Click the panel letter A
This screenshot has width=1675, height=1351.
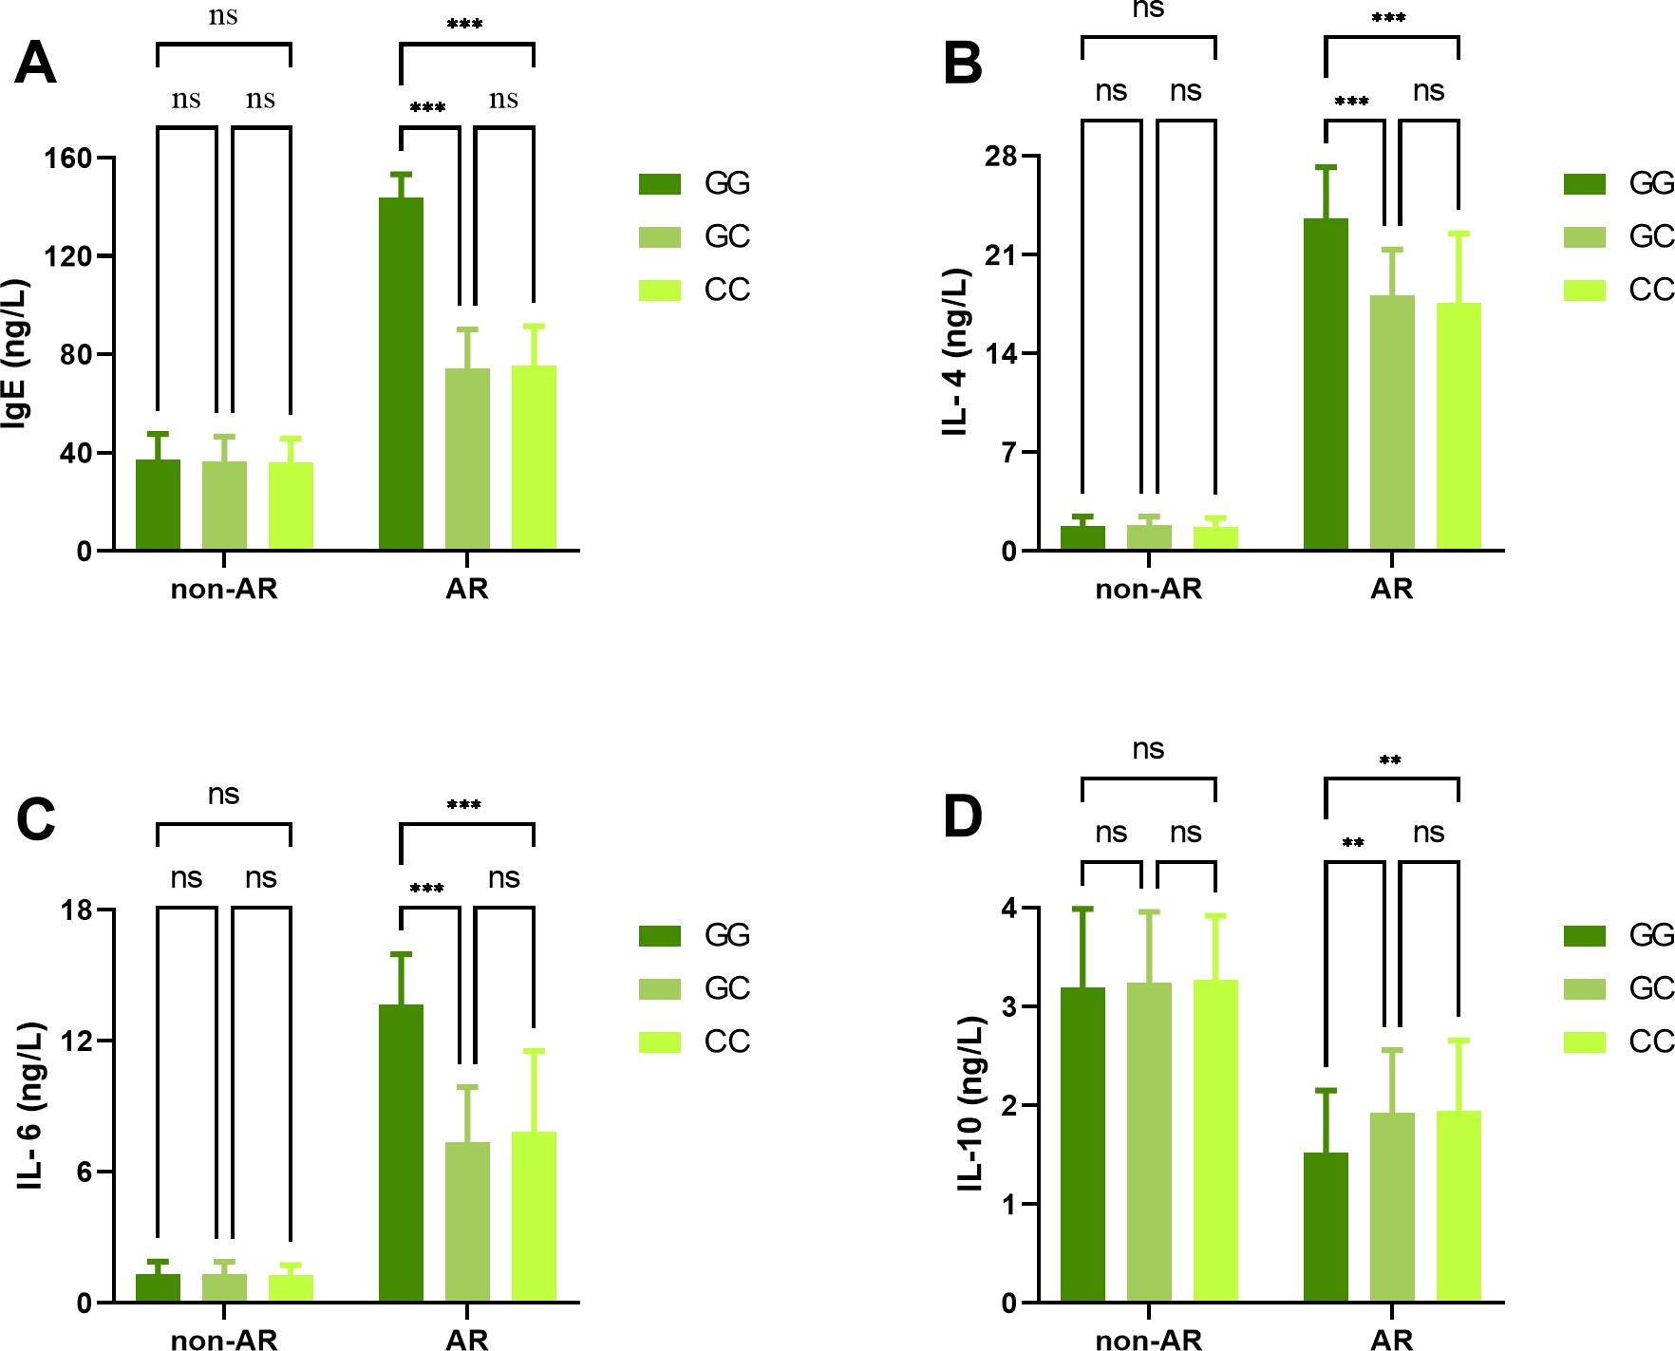pyautogui.click(x=35, y=64)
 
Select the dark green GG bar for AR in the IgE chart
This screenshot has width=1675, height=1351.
pyautogui.click(x=401, y=374)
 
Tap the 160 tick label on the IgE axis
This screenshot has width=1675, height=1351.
pyautogui.click(x=68, y=158)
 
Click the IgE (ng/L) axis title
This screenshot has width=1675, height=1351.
pyautogui.click(x=16, y=353)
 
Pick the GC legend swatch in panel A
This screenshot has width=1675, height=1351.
pyautogui.click(x=660, y=236)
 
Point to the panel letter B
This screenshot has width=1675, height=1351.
pyautogui.click(x=963, y=64)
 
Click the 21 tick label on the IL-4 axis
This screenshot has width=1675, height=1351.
pyautogui.click(x=1001, y=254)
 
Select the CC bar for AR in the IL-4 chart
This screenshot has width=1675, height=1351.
pyautogui.click(x=1459, y=426)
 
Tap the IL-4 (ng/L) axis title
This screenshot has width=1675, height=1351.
pyautogui.click(x=955, y=351)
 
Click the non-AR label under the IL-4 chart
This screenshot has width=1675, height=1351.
pyautogui.click(x=1149, y=589)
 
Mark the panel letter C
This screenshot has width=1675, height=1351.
pyautogui.click(x=36, y=818)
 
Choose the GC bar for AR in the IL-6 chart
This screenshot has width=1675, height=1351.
pyautogui.click(x=467, y=1222)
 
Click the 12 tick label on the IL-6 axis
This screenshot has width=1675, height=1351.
pyautogui.click(x=76, y=1041)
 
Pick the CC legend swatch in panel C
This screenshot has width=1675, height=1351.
pyautogui.click(x=660, y=1041)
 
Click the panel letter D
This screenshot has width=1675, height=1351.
pyautogui.click(x=963, y=816)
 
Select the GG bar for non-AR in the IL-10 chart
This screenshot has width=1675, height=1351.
pyautogui.click(x=1082, y=1145)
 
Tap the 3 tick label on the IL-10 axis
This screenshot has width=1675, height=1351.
pyautogui.click(x=1009, y=1006)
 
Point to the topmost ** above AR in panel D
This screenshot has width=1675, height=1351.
pyautogui.click(x=1390, y=760)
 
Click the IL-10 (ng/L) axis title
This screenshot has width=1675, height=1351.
pyautogui.click(x=970, y=1103)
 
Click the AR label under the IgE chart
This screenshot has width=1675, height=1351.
pyautogui.click(x=467, y=589)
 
